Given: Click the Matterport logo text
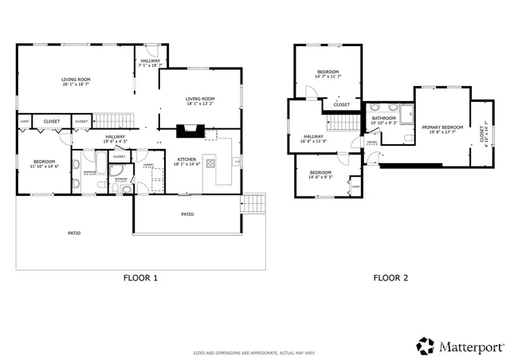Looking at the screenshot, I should (470, 346).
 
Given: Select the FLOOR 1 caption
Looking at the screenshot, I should (140, 278).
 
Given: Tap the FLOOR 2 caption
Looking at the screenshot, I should (390, 278).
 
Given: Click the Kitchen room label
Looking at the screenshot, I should (186, 162).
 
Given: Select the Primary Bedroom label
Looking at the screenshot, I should (442, 130).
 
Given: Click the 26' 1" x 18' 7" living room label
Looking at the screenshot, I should (76, 82).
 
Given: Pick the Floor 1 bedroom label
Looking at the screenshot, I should (44, 164).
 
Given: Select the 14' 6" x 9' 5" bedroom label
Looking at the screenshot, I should (320, 175).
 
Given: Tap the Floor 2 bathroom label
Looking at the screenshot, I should (383, 120).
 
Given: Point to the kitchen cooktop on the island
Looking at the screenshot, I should (211, 163).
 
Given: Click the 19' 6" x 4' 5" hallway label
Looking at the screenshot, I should (115, 139).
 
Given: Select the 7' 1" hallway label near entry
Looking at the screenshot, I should (150, 63).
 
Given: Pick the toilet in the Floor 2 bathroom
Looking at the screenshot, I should (407, 139).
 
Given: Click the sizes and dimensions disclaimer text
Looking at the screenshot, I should (254, 352).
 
